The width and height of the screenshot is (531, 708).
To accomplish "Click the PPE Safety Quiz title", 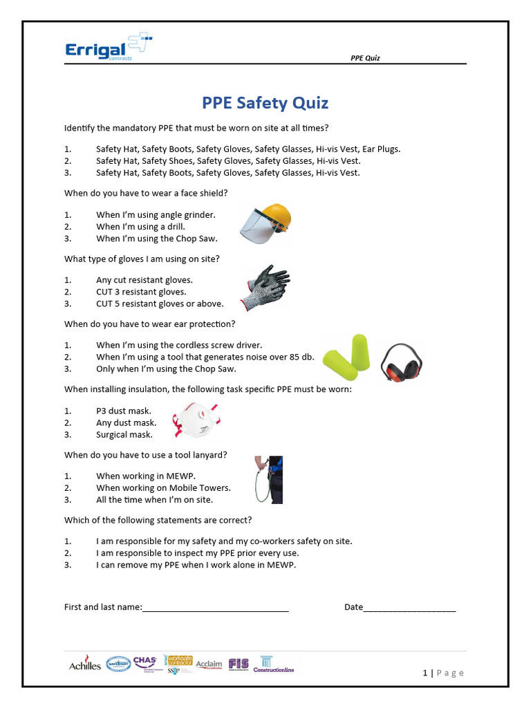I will tap(265, 103).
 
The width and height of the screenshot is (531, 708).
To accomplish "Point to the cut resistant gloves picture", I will tap(265, 287).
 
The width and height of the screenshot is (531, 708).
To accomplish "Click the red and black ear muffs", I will tap(402, 363).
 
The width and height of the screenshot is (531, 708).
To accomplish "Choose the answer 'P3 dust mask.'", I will tap(124, 411).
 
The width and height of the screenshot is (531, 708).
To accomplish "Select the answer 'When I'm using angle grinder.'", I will tap(156, 214).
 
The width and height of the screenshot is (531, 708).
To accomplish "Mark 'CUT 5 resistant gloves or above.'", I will tap(160, 304).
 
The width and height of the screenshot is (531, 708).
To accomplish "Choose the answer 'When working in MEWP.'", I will tap(146, 476).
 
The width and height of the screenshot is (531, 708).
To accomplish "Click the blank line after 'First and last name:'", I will tap(215, 608).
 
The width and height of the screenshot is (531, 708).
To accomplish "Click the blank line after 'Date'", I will tap(409, 608).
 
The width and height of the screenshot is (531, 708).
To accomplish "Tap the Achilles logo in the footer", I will tap(84, 665).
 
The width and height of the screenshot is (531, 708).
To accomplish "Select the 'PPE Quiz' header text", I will tap(366, 58).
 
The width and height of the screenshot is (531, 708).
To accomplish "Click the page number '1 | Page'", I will tap(443, 673).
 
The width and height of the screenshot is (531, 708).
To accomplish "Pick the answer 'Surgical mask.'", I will tap(124, 435).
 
